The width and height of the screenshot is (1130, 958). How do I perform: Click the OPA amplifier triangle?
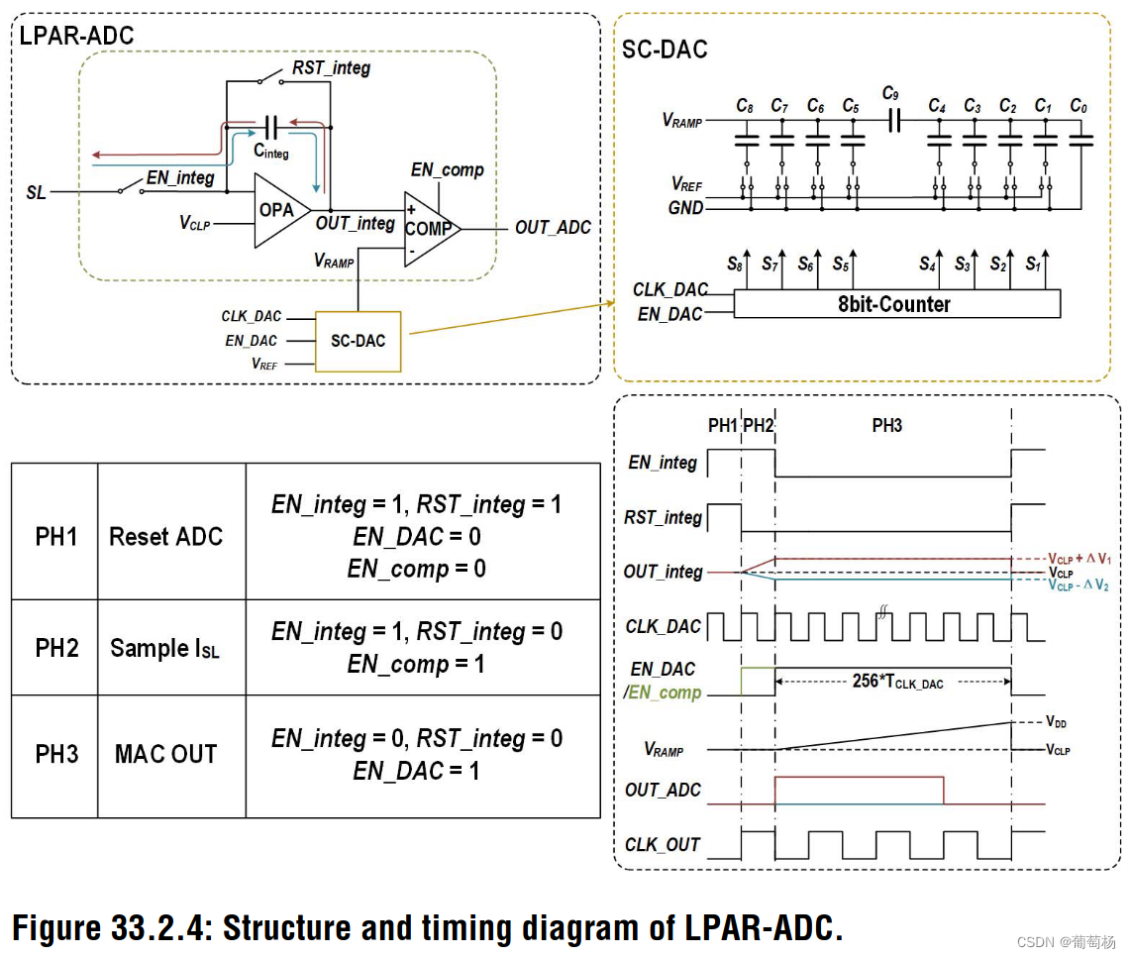pos(278,210)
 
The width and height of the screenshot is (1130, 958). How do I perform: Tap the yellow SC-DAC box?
pos(358,341)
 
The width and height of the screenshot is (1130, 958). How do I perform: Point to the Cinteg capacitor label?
pos(270,152)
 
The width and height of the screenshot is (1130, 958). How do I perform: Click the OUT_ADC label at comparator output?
pos(552,228)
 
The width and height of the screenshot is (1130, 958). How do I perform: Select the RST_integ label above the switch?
pos(331,69)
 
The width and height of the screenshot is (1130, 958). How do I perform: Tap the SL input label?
pos(36,192)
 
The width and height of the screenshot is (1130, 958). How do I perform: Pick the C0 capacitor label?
pos(1079,105)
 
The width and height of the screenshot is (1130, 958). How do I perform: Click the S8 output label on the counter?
pos(734,265)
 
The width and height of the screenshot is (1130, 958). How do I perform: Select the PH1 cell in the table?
pos(55,536)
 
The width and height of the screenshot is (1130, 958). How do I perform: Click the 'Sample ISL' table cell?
pos(165,648)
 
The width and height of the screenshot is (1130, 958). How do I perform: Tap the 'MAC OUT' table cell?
pos(165,754)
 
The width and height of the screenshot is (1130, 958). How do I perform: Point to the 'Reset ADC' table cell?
pos(165,536)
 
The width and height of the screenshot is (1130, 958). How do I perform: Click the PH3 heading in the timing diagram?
pos(886,425)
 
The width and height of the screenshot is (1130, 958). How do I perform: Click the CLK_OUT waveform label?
pos(663,845)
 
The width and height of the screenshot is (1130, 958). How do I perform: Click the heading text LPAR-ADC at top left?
pos(76,36)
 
